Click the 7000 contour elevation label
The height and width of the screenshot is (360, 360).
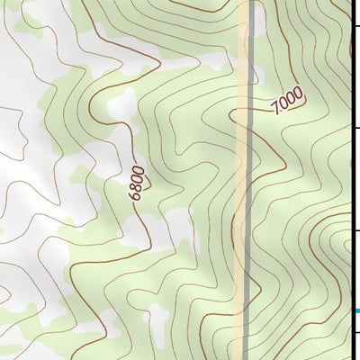286,103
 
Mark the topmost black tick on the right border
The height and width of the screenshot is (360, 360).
354,28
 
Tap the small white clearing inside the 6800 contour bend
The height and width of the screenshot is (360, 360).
116,108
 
